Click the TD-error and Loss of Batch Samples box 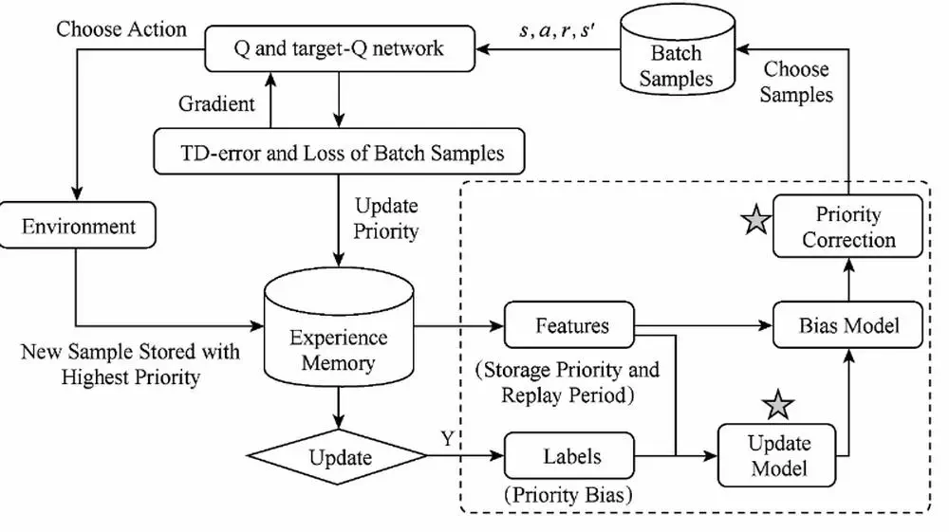(x=341, y=151)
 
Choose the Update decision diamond (x=340, y=458)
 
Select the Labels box (x=571, y=456)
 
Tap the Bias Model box (x=848, y=326)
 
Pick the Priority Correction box (x=847, y=227)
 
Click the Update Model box (x=778, y=456)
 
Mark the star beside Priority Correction (x=755, y=222)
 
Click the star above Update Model (x=779, y=405)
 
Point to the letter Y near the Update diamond (x=445, y=439)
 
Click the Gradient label (x=216, y=102)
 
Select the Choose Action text (x=121, y=28)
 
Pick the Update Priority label (x=385, y=217)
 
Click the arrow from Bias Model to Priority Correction (x=848, y=281)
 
